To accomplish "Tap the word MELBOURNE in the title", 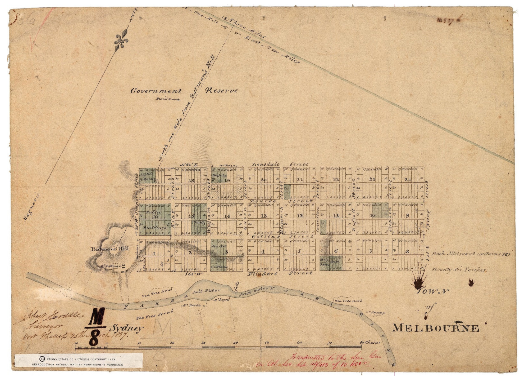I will [435, 328].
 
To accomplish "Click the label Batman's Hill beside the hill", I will [110, 249].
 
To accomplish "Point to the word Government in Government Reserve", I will [156, 91].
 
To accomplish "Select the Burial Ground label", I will [168, 99].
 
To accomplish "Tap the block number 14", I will [227, 216].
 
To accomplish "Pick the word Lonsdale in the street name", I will [265, 165].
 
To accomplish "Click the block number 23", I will [336, 179].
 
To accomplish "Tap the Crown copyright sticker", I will [79, 362].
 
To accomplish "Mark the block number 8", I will [407, 251].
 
